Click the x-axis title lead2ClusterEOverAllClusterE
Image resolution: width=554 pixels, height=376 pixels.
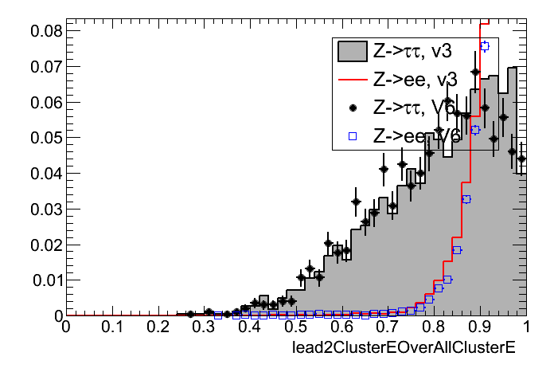[405, 348]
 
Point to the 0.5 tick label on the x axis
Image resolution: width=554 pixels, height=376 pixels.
[295, 328]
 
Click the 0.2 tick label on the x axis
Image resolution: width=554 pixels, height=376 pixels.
[158, 328]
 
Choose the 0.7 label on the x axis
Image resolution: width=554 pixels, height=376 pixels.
[388, 328]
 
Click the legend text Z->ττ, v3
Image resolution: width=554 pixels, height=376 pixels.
[412, 52]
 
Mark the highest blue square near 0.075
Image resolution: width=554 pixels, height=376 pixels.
[485, 47]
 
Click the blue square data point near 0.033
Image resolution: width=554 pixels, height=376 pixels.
[466, 199]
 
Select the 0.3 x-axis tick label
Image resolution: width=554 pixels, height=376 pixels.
[204, 328]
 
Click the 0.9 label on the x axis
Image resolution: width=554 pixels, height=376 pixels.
[480, 328]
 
